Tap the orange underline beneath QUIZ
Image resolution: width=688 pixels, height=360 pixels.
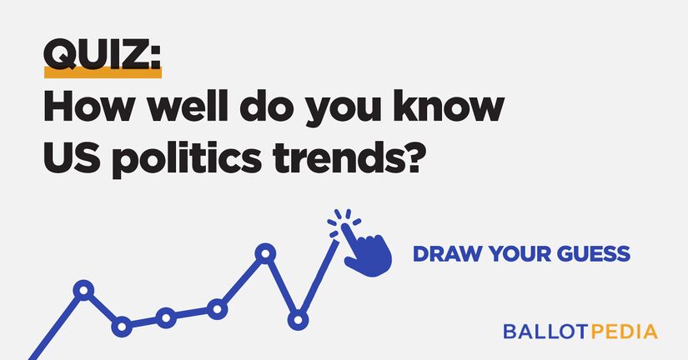pyautogui.click(x=102, y=74)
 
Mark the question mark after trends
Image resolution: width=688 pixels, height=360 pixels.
pyautogui.click(x=425, y=157)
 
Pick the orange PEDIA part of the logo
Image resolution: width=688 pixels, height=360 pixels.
pyautogui.click(x=624, y=331)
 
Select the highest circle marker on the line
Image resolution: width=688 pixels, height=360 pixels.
pyautogui.click(x=265, y=253)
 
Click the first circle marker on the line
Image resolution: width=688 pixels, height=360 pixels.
pyautogui.click(x=83, y=291)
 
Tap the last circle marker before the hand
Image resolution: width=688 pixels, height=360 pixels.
pyautogui.click(x=298, y=320)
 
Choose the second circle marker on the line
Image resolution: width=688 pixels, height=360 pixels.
pyautogui.click(x=123, y=327)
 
